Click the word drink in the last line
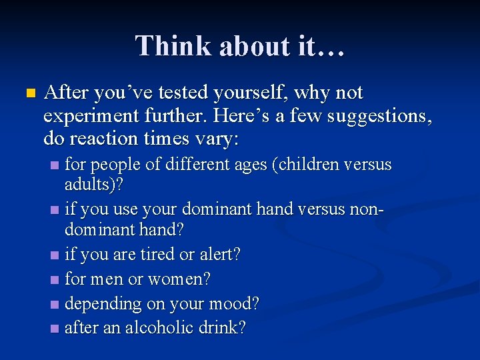pos(223,328)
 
